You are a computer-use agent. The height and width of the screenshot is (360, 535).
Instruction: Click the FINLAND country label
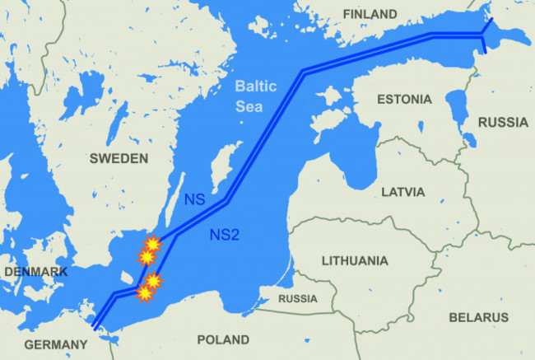pos(370,14)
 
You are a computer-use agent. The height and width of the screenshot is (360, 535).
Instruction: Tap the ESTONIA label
pos(403,100)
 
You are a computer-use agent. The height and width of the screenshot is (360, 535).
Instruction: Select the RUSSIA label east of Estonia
pos(503,123)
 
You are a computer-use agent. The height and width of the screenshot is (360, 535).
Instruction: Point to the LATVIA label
pos(403,192)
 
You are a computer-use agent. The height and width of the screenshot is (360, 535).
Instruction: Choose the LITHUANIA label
pos(355,261)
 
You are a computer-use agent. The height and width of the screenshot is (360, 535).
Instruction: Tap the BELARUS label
pos(479,317)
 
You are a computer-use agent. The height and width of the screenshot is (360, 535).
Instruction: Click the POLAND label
pos(223,339)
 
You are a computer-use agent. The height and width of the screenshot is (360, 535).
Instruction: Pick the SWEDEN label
pos(119,157)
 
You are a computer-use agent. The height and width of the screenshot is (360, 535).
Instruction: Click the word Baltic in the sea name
pos(254,85)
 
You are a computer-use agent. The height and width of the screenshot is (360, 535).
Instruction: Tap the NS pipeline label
pos(195,199)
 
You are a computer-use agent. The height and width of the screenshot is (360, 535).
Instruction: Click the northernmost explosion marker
pos(152,243)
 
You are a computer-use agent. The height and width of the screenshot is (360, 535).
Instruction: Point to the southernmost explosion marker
pos(146,292)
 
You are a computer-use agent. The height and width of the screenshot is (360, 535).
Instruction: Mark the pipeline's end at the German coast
pos(95,327)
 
